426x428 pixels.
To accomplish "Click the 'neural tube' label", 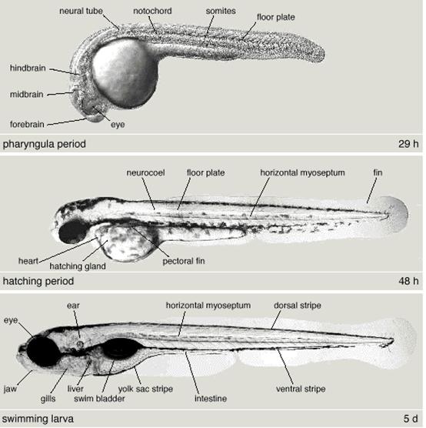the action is point(81,12).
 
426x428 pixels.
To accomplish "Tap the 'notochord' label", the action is point(152,11).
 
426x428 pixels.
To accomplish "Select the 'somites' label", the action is point(221,12).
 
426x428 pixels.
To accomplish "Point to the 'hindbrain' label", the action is point(28,68).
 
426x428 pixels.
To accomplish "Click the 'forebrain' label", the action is point(27,125).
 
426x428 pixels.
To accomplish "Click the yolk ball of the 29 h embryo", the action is point(125,73).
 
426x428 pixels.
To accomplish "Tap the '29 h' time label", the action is point(408,144).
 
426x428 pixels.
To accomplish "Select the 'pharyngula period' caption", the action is point(44,144).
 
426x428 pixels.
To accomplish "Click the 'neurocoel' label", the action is point(145,172).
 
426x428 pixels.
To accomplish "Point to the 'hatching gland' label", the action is point(78,266).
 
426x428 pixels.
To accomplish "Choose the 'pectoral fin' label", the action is point(184,261).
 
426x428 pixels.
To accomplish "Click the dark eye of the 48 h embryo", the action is point(73,231).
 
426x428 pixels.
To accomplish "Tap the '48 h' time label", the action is point(408,281).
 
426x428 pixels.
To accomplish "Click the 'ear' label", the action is point(73,306).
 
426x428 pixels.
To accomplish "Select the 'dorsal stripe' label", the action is point(298,306).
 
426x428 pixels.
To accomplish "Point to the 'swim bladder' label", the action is point(99,399).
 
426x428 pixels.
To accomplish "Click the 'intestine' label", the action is point(211,399).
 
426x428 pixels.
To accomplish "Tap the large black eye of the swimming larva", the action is point(43,352).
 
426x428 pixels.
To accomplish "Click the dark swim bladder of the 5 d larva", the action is point(121,348).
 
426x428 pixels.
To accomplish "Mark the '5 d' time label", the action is point(411,419).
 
